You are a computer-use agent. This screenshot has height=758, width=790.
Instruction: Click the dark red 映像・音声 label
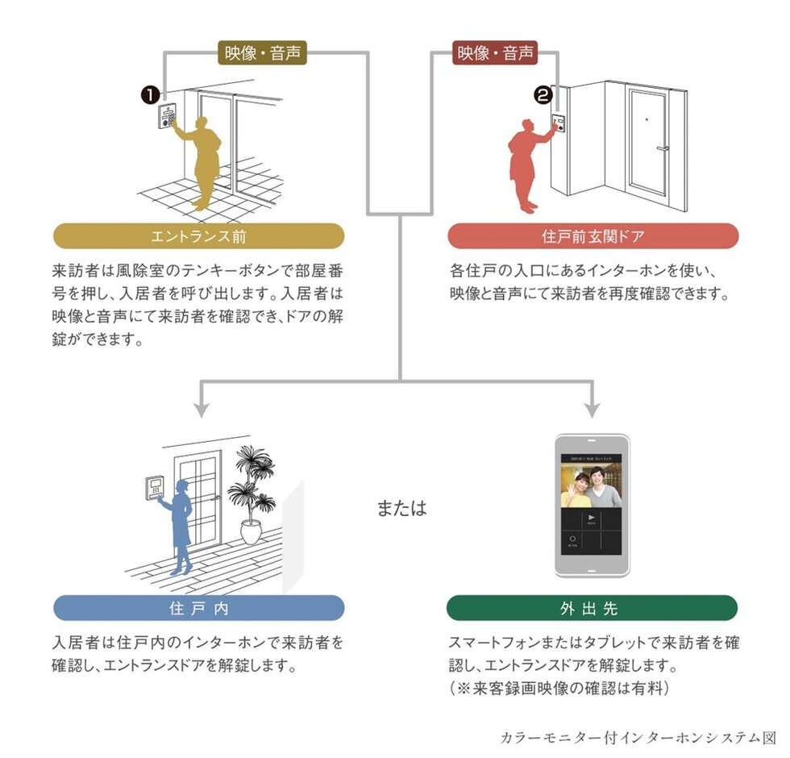(495, 54)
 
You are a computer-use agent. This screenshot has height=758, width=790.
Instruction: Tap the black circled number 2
(543, 96)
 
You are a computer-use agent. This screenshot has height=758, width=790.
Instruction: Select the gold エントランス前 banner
(198, 236)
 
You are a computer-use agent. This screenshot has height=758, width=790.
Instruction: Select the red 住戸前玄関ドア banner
(592, 236)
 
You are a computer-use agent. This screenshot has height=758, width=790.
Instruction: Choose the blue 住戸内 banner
(198, 608)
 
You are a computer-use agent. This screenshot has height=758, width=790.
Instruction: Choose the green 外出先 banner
(592, 608)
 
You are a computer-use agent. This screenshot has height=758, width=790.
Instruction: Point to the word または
(401, 509)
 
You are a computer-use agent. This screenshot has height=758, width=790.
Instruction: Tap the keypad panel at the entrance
(168, 117)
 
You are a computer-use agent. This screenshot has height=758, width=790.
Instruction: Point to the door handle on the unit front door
(662, 149)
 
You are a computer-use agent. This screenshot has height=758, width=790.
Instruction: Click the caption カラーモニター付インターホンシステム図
(636, 737)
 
